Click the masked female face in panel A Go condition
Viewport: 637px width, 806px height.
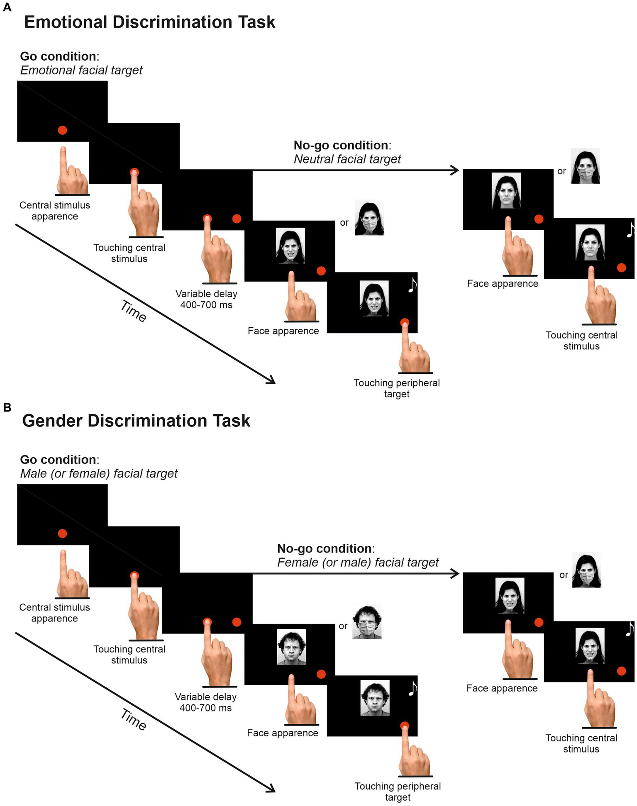[x=369, y=218]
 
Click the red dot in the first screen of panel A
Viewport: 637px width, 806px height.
[x=62, y=130]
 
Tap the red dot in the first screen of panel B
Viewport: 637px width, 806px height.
[x=62, y=533]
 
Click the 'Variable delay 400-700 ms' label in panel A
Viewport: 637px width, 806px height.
[x=206, y=299]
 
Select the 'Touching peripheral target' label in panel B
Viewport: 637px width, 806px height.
[x=398, y=791]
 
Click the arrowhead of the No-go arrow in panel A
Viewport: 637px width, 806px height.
[x=455, y=170]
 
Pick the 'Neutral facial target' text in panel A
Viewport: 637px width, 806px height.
[x=347, y=159]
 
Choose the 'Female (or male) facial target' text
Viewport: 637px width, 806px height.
[x=358, y=562]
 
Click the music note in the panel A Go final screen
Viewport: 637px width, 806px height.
[x=412, y=285]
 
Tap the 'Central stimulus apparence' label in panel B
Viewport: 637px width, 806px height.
[x=54, y=613]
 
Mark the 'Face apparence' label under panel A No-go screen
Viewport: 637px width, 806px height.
[x=503, y=284]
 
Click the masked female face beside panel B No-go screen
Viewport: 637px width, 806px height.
[x=586, y=570]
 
